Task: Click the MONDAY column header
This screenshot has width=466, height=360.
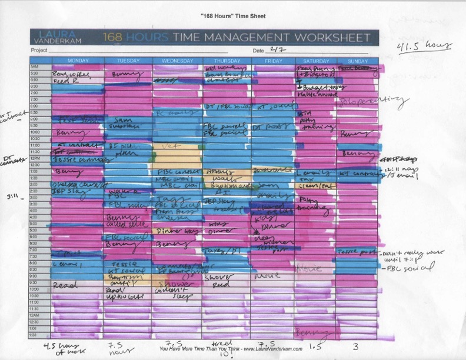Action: (78, 61)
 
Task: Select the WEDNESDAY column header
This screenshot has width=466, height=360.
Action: (177, 61)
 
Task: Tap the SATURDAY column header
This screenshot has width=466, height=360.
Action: (315, 61)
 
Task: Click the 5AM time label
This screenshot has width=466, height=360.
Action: (35, 67)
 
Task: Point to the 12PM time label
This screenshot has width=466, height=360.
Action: (35, 158)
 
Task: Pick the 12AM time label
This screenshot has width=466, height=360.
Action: (35, 315)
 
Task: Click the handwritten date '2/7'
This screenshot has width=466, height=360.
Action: (276, 50)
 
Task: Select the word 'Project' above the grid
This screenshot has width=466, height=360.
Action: (39, 51)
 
